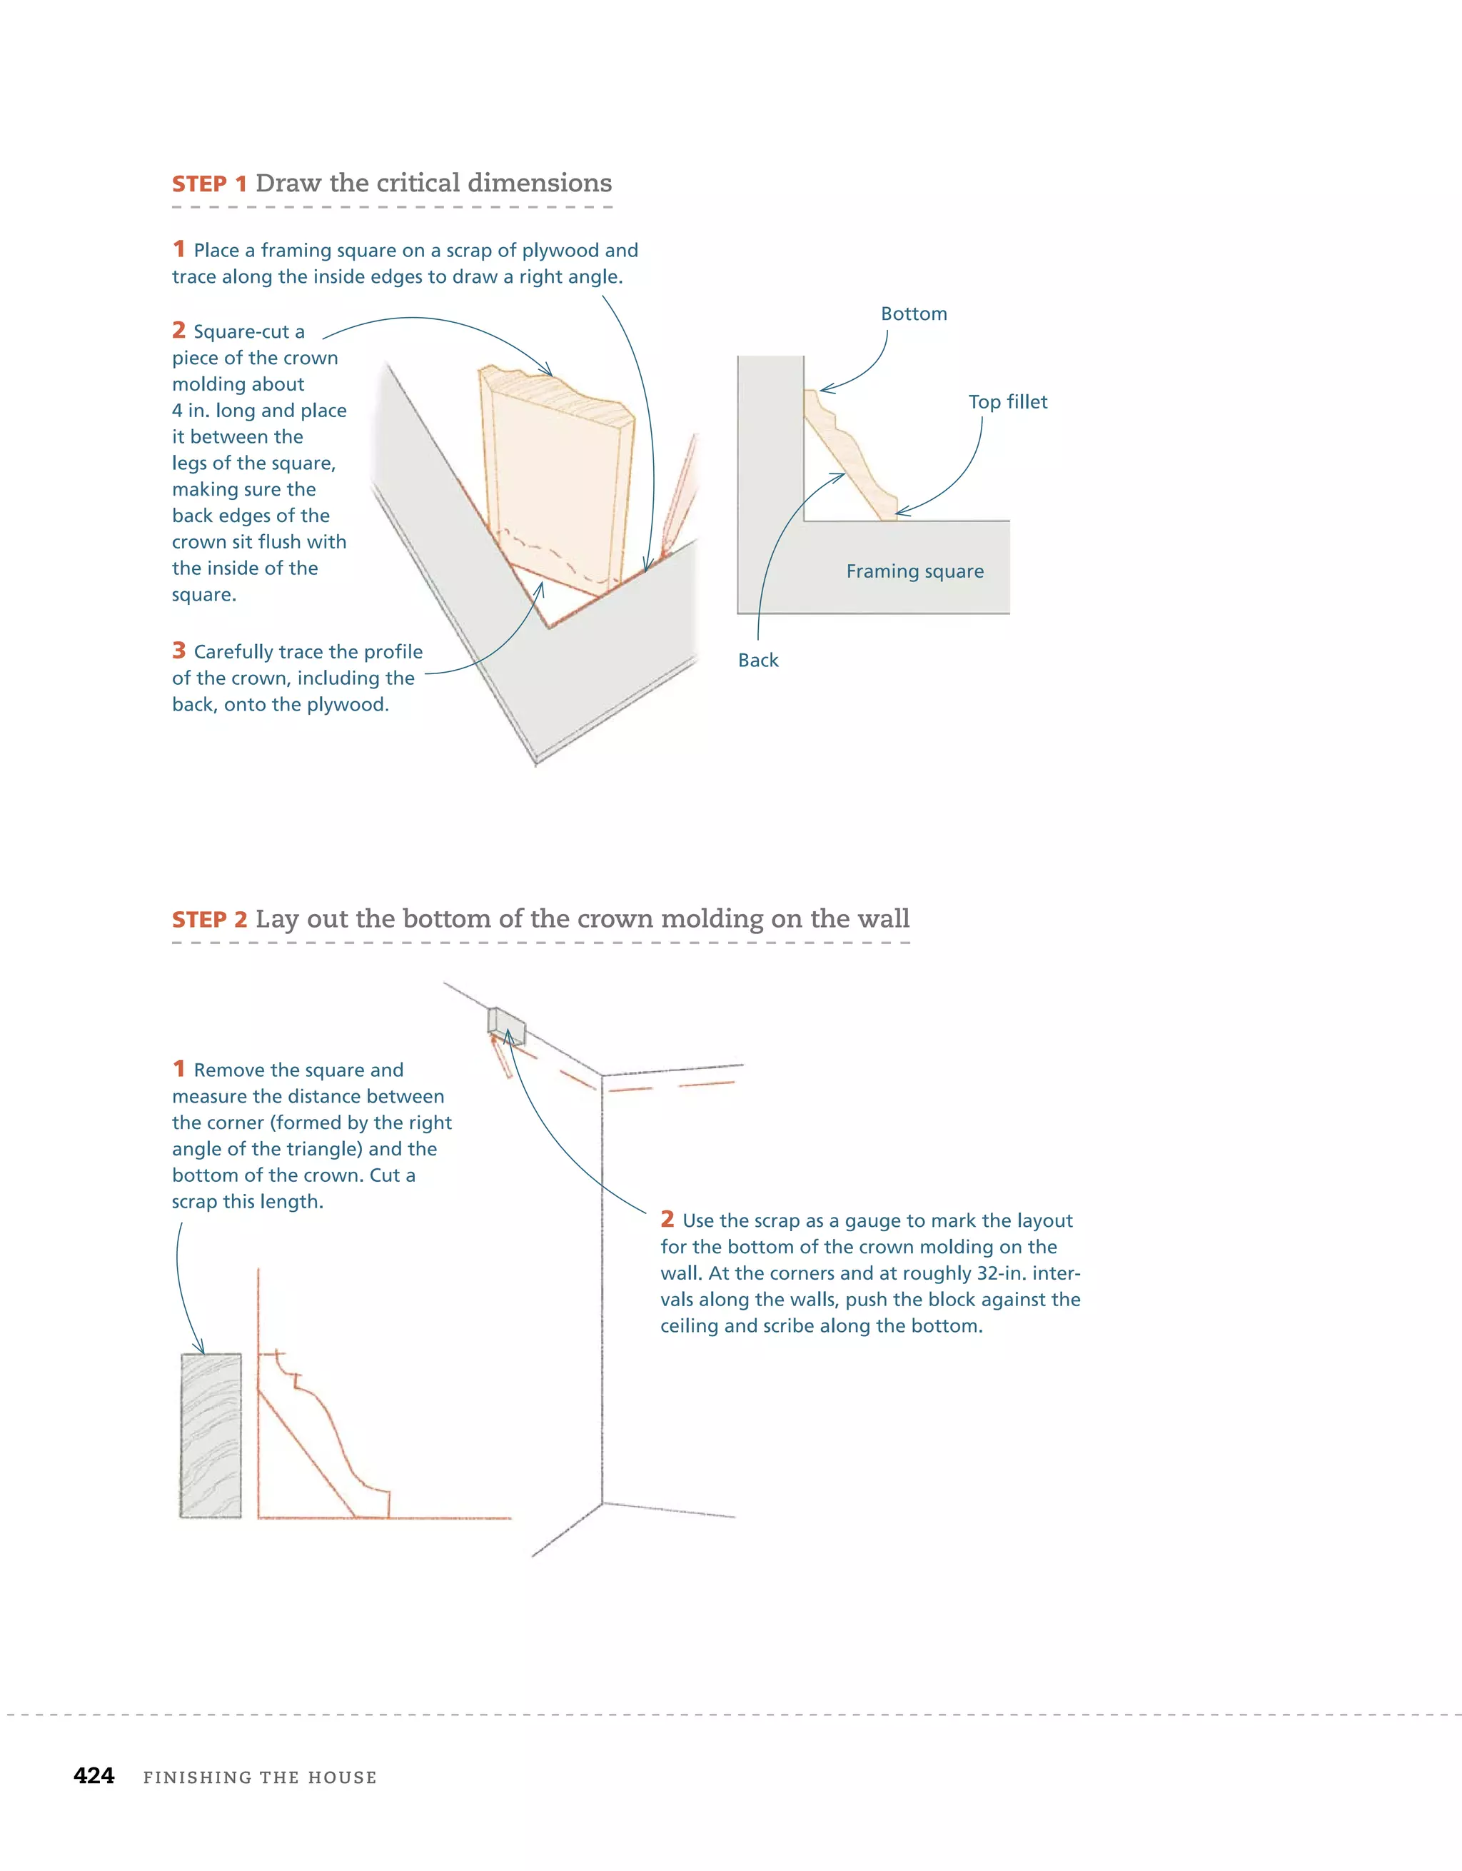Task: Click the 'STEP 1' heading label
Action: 209,184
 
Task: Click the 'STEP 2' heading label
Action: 209,919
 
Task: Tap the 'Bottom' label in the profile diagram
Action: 913,313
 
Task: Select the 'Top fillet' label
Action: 1007,402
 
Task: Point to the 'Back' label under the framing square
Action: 758,660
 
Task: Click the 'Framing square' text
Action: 914,571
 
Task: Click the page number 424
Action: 94,1775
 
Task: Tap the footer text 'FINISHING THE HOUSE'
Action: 260,1777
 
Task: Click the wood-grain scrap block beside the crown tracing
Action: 211,1435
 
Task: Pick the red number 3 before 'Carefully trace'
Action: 179,651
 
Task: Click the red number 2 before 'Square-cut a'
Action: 179,330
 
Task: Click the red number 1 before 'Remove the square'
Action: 179,1068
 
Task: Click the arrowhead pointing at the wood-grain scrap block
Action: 201,1348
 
